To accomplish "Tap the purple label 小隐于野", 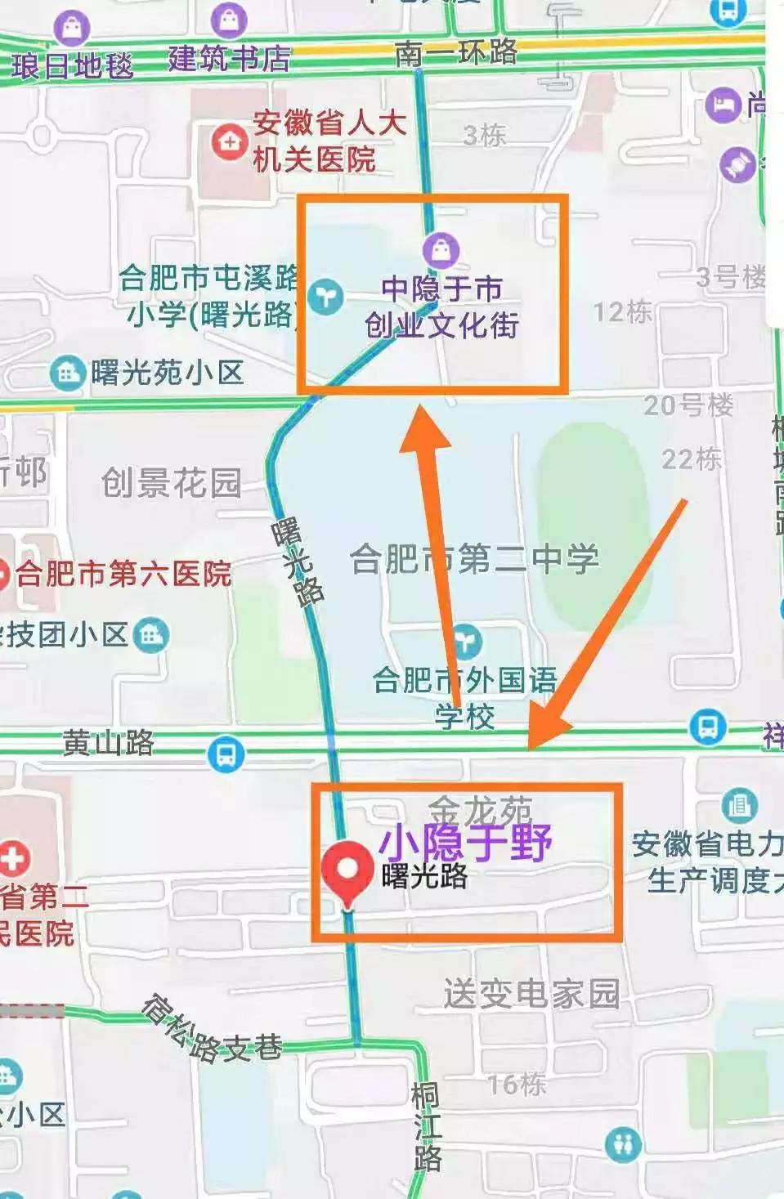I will click(x=464, y=841).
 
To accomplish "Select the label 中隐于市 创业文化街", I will click(x=441, y=306).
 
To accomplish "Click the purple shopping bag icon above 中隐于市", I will click(x=441, y=249).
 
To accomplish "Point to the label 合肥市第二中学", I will click(x=474, y=560).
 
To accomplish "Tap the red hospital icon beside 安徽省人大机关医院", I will click(x=230, y=142).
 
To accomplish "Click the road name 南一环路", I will click(x=455, y=53).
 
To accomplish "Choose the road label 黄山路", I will click(x=108, y=742).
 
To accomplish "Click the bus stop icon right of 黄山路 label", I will click(x=226, y=754).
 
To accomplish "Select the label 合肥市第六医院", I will click(x=123, y=574).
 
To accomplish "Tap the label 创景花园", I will click(x=171, y=483).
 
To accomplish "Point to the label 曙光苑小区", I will click(x=167, y=374).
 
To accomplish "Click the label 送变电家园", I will click(x=531, y=994).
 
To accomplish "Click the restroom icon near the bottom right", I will click(x=623, y=1143).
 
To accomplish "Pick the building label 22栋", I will click(x=691, y=459).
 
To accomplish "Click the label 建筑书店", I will click(x=229, y=59).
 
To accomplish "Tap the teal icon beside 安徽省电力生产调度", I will click(x=739, y=806).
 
